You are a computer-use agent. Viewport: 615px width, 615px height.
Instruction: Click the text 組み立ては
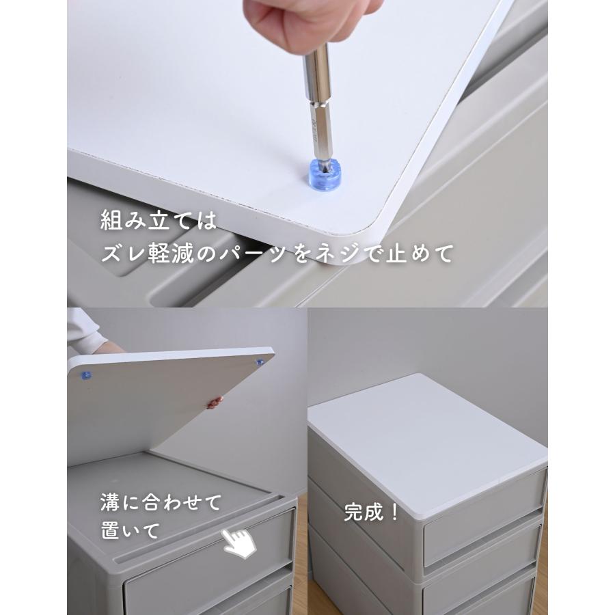[x=159, y=221]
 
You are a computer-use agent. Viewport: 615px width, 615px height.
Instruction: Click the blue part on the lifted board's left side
[x=86, y=375]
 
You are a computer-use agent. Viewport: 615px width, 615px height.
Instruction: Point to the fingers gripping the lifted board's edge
[x=216, y=402]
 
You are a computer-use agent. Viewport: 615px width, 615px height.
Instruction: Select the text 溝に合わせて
[x=161, y=503]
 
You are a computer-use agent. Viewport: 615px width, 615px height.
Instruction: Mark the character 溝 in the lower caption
[x=110, y=503]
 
